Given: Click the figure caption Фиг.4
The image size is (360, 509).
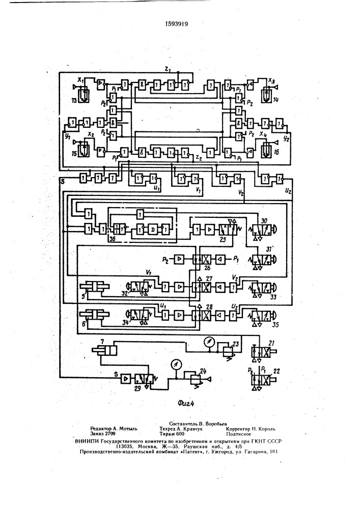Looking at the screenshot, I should (x=186, y=403).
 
